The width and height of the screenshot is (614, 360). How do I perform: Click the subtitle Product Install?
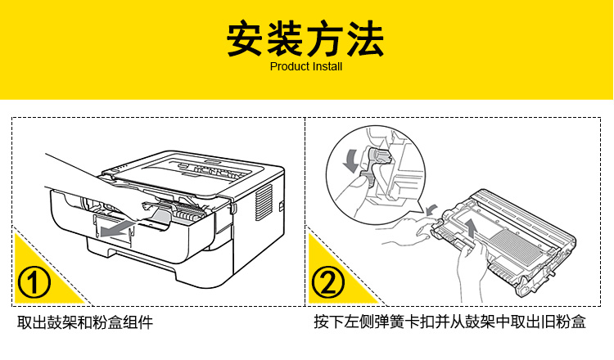pos(306,66)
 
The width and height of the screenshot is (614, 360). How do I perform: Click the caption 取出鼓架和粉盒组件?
pos(85,322)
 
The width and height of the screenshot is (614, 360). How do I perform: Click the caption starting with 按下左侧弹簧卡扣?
pos(449,322)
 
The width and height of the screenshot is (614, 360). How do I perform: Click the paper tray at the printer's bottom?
pos(188,270)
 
